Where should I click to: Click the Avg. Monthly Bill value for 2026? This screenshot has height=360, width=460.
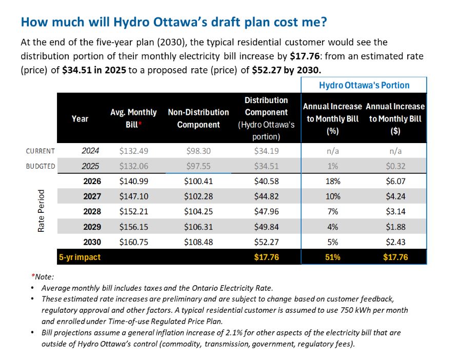133,181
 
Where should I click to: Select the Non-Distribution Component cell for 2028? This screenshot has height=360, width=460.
198,211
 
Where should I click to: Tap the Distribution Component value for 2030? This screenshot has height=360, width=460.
267,242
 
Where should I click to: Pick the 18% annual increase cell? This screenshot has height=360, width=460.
332,181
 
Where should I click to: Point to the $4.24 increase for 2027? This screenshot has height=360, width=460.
395,196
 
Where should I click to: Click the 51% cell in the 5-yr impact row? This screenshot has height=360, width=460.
332,257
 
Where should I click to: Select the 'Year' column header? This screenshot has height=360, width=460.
80,118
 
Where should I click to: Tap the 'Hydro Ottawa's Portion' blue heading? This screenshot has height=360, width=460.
364,85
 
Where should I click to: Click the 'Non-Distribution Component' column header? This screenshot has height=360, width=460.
198,118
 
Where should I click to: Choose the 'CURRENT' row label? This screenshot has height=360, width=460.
41,151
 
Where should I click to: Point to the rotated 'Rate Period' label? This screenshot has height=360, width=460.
41,211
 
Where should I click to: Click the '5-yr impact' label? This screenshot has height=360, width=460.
79,257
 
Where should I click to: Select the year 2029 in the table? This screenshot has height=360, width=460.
92,227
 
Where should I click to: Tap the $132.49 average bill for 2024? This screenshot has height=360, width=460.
133,151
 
